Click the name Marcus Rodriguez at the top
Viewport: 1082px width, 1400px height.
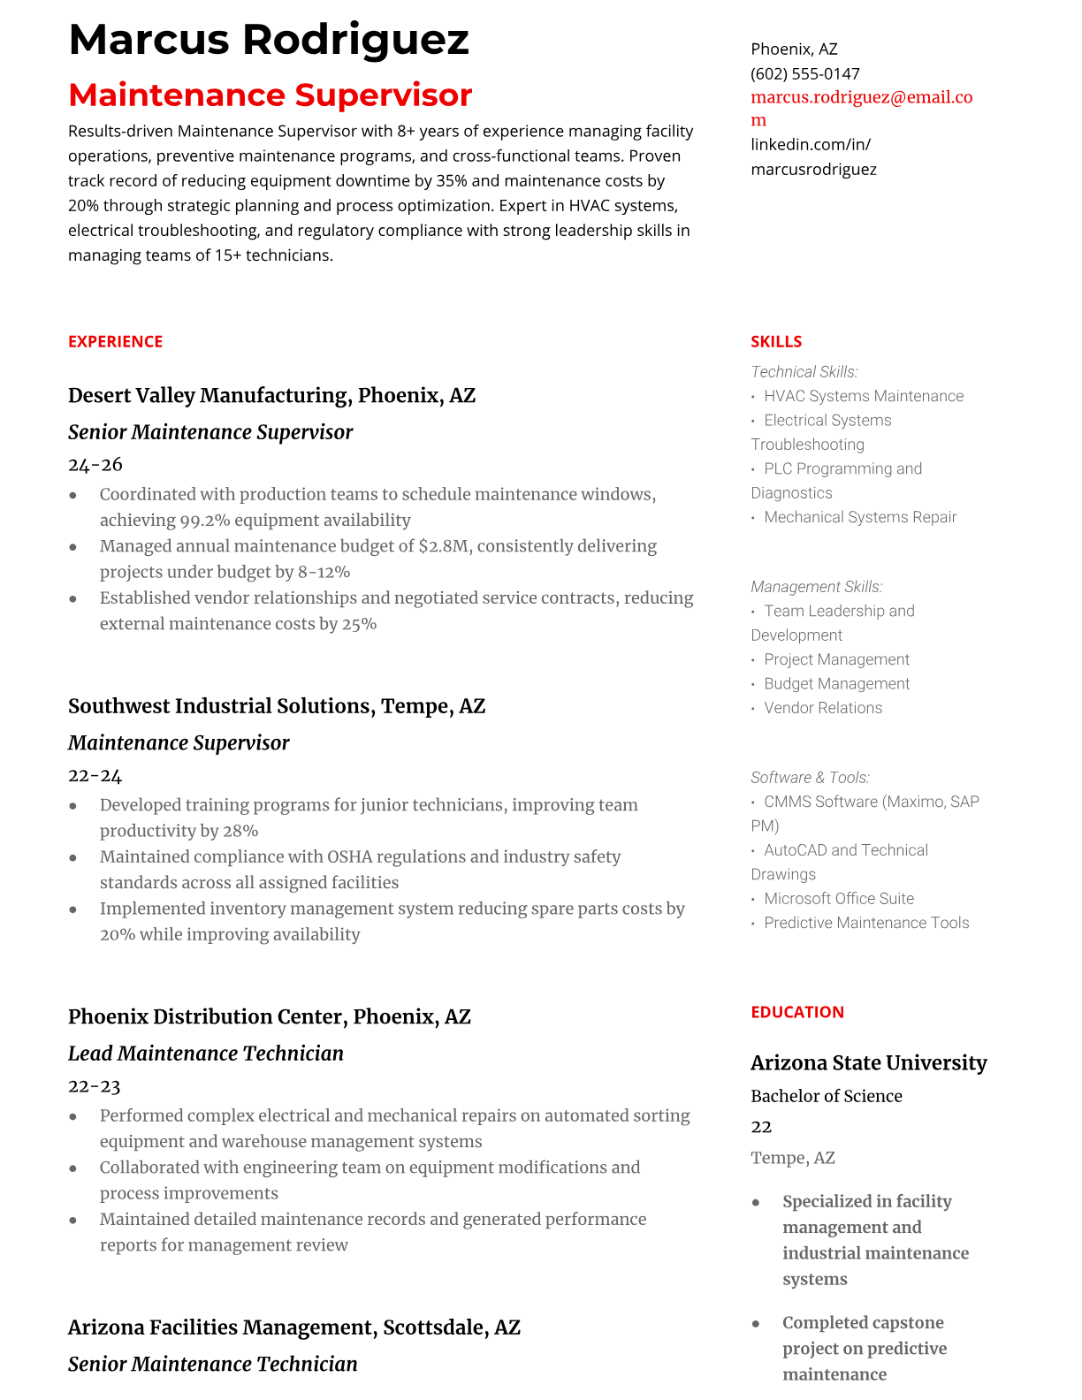268,40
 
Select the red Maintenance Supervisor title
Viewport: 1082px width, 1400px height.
270,95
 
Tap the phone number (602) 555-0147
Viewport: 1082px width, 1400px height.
804,73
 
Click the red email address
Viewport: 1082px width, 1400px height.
861,98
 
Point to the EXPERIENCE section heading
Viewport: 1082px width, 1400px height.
115,341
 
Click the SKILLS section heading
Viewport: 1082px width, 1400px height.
776,341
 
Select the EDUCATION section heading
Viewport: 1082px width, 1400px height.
796,1012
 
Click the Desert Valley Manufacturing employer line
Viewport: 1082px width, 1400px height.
271,395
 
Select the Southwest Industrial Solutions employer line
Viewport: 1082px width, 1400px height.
276,706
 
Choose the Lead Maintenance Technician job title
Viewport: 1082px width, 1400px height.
205,1054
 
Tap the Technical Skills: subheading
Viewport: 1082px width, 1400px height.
804,372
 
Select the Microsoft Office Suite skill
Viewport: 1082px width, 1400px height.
838,899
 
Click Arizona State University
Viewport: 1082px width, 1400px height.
868,1062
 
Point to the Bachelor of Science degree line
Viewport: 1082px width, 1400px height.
826,1096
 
